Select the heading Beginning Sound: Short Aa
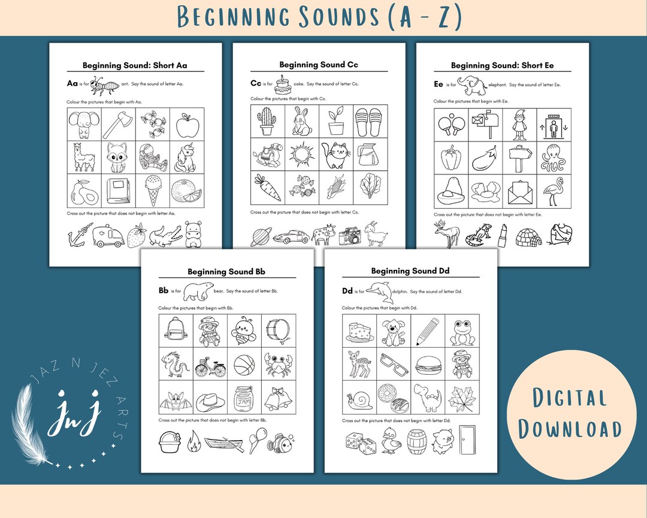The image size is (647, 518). (135, 65)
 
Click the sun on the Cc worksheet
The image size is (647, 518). (301, 154)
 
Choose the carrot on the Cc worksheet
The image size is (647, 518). (267, 187)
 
